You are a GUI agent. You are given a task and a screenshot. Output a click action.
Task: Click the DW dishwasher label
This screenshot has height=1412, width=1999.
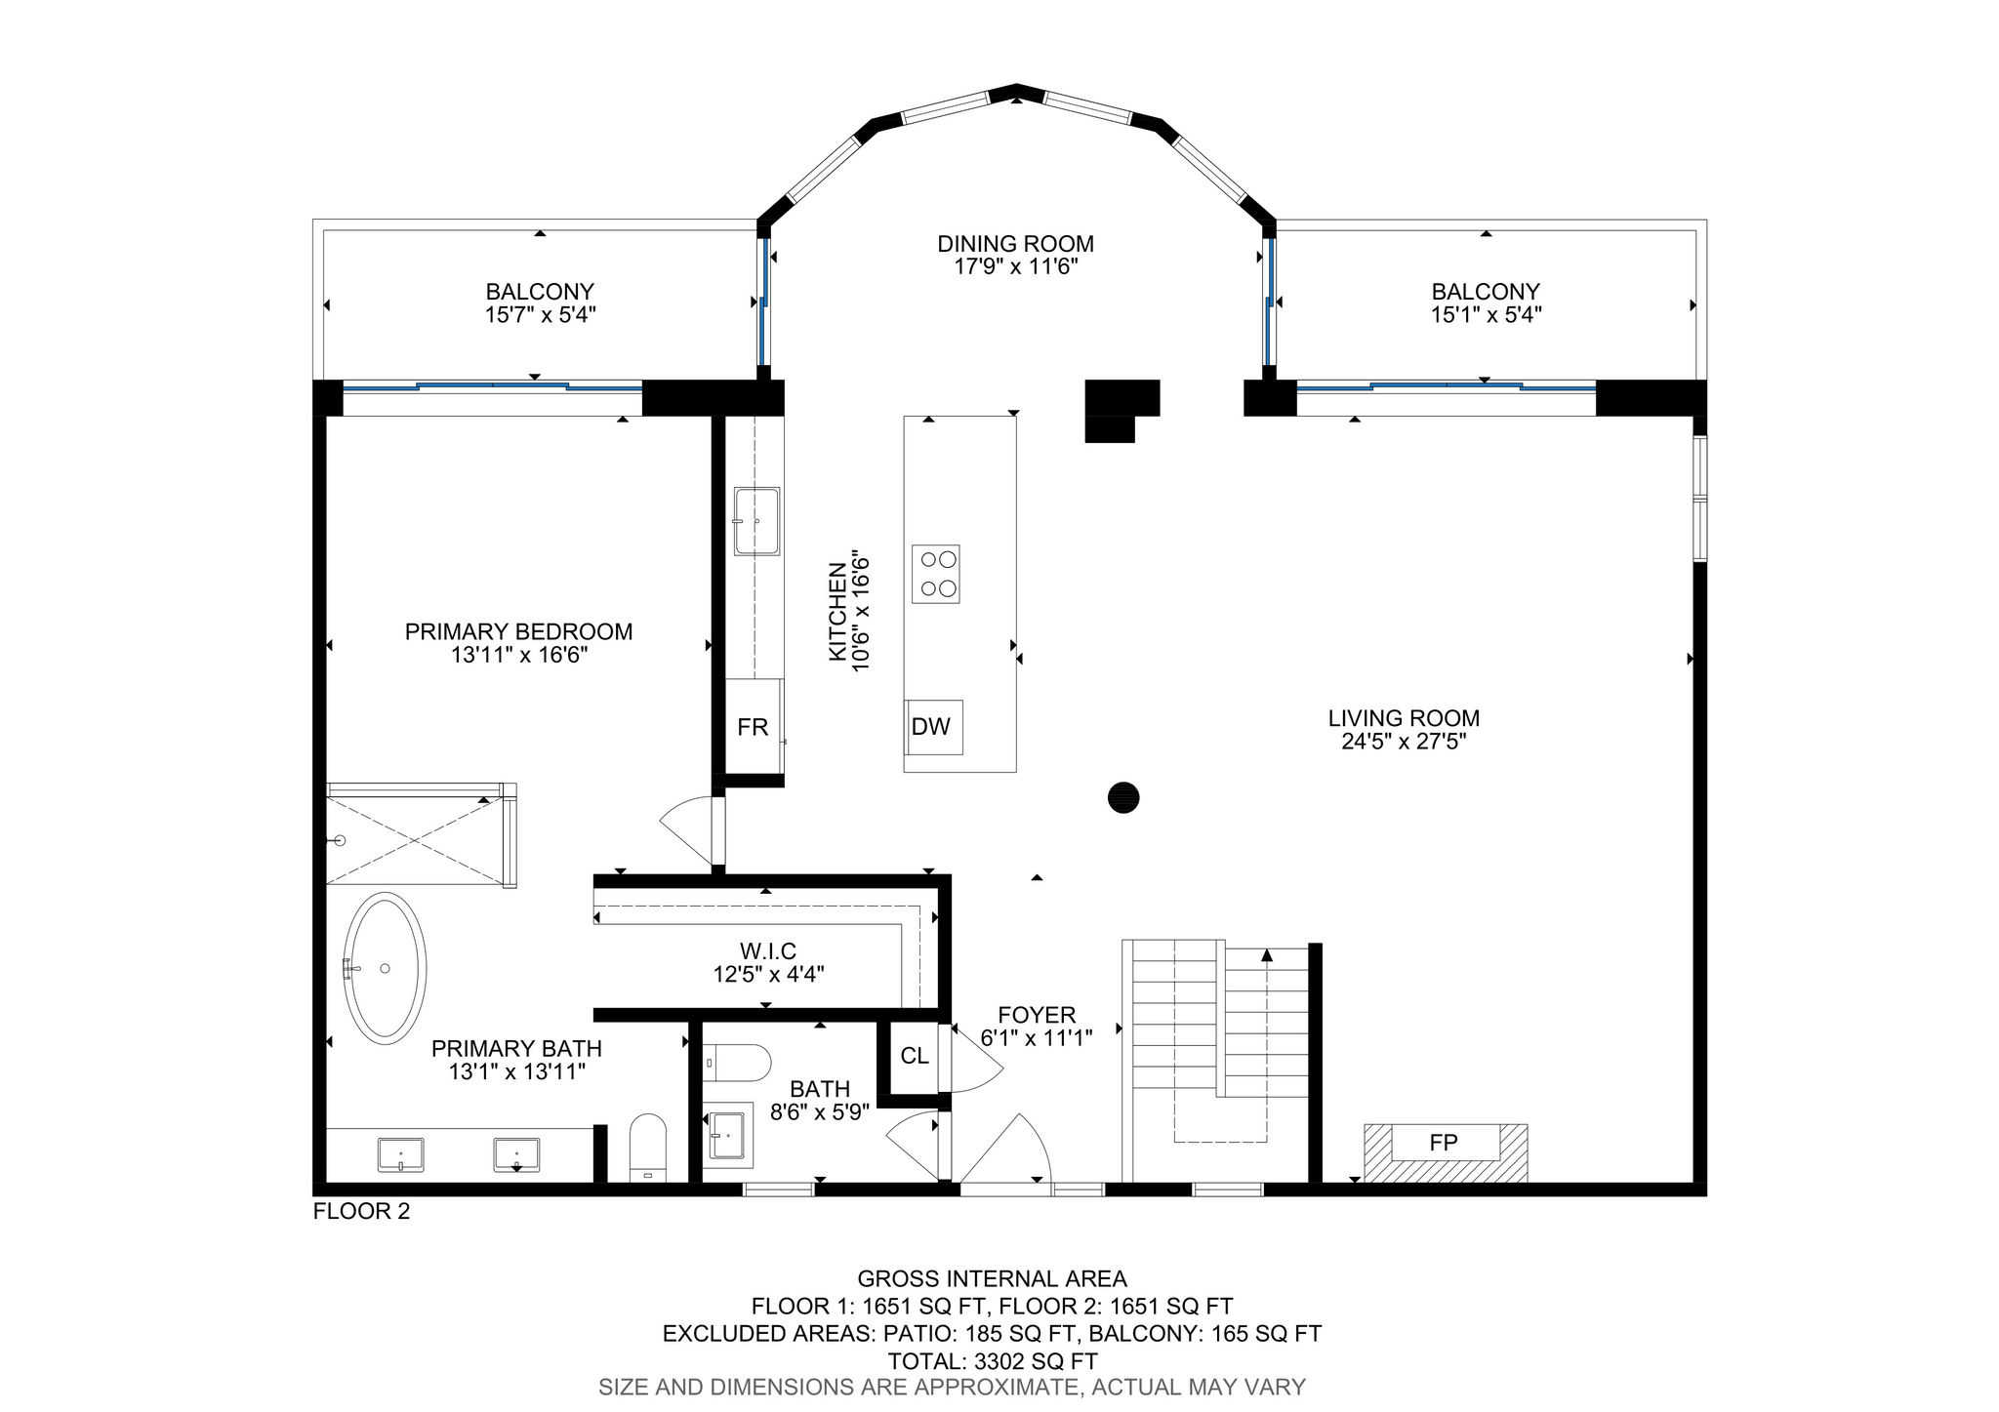(x=930, y=727)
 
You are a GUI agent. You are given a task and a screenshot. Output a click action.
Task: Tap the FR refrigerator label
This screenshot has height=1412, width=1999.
(x=753, y=727)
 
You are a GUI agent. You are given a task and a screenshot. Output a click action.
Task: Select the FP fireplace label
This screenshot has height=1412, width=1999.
(x=1444, y=1143)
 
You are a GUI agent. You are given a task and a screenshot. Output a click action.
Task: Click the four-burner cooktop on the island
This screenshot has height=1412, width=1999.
(x=936, y=574)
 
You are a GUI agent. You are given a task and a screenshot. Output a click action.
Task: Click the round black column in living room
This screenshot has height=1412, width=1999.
(x=1123, y=797)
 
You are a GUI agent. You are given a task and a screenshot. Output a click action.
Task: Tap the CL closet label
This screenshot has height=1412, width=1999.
(x=915, y=1056)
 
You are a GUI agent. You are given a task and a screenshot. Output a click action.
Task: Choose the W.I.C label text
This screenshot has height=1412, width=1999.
(x=768, y=950)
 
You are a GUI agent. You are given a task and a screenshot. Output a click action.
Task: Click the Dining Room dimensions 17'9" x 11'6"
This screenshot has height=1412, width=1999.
(x=1016, y=267)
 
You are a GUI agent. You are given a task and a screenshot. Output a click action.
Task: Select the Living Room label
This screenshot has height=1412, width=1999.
(x=1404, y=718)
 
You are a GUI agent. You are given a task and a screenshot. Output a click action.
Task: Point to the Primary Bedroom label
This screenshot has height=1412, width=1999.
(x=518, y=631)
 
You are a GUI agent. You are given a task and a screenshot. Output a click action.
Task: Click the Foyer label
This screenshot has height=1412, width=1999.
(x=1037, y=1015)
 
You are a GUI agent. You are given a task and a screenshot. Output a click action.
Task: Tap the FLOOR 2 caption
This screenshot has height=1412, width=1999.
(x=361, y=1212)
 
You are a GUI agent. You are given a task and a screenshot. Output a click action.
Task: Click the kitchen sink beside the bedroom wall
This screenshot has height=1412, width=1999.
(x=757, y=521)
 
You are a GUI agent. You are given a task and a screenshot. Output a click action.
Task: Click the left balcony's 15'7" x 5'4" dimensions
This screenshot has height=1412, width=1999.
(x=541, y=315)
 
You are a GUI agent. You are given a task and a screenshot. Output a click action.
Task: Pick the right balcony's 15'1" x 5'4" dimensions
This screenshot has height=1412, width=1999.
(x=1486, y=315)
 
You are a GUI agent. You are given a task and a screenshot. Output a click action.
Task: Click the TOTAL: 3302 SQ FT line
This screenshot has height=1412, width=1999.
(x=993, y=1361)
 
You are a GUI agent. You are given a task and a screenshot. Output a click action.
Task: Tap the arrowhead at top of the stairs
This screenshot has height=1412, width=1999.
(x=1267, y=954)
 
